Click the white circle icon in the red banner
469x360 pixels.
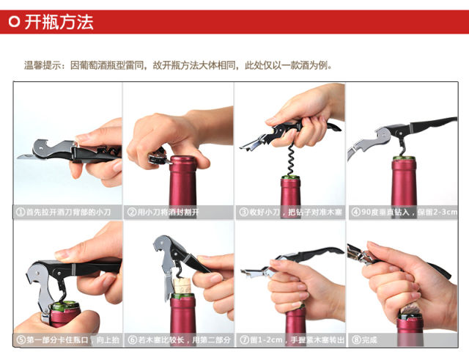tap(14, 22)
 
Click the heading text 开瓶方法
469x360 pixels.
tap(59, 22)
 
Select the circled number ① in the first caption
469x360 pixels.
tap(21, 212)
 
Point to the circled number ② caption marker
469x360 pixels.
tap(132, 212)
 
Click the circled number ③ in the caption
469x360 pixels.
tap(244, 212)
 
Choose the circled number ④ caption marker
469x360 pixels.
tap(355, 212)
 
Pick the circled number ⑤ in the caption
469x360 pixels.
tap(21, 340)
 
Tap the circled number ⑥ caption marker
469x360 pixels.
tap(132, 340)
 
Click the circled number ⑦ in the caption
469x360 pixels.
tap(244, 340)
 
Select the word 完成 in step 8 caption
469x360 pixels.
tap(369, 340)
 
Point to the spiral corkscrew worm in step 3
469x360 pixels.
tap(290, 159)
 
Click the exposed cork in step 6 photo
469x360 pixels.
tap(182, 287)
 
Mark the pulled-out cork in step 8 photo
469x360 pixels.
tap(410, 309)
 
